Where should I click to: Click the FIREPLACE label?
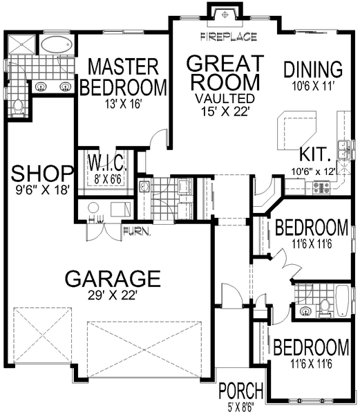229,37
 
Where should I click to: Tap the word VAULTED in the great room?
225,98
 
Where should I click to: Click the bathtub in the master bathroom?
57,44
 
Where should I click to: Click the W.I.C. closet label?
106,163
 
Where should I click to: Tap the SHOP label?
42,174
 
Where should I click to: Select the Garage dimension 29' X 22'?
112,295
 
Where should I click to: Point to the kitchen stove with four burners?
321,187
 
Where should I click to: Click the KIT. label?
315,154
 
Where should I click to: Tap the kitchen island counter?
296,131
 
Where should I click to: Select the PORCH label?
240,390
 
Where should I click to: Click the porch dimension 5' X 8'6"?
240,405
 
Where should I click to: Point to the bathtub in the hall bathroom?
343,301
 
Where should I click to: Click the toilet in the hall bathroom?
324,308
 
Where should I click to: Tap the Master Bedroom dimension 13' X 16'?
122,104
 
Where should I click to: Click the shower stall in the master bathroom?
21,44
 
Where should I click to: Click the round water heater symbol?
93,208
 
